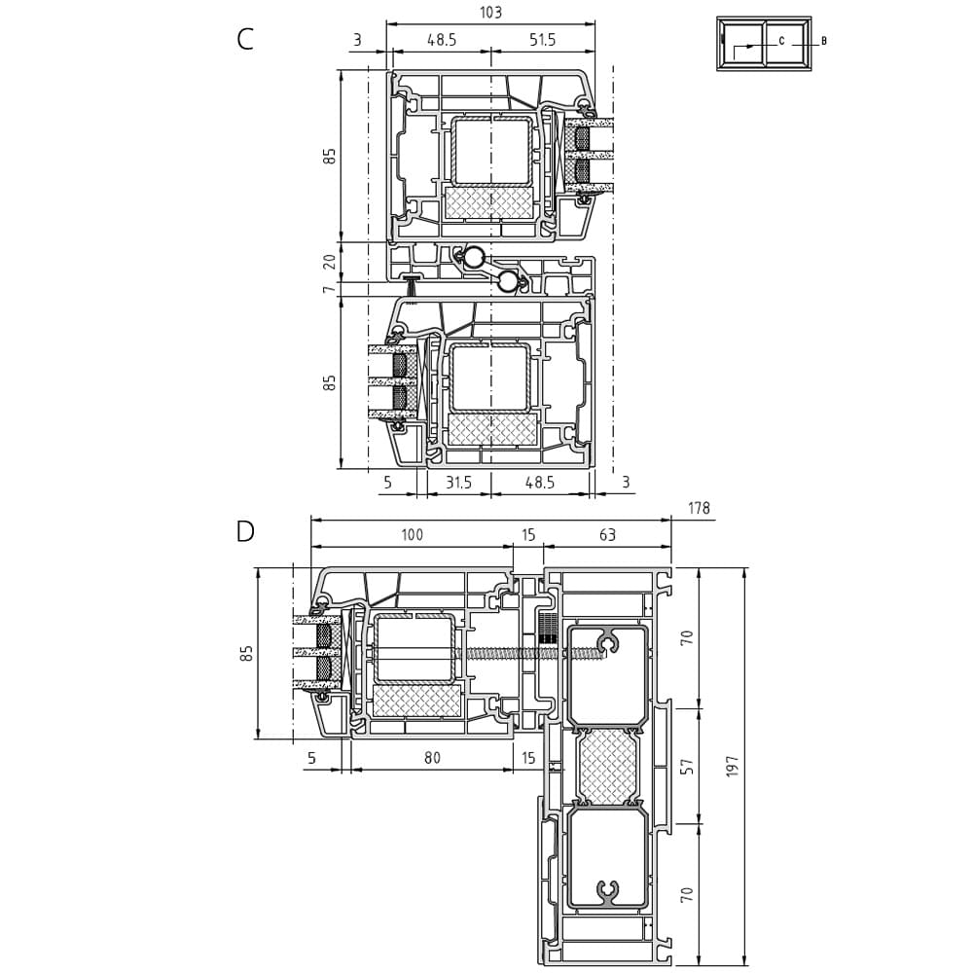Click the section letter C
pyautogui.click(x=245, y=39)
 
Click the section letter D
pyautogui.click(x=246, y=531)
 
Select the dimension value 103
pyautogui.click(x=490, y=12)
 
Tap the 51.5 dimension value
pyautogui.click(x=542, y=40)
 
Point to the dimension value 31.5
pyautogui.click(x=458, y=482)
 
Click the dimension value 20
pyautogui.click(x=331, y=261)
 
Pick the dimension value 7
pyautogui.click(x=330, y=288)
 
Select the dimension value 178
pyautogui.click(x=699, y=508)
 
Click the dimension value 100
pyautogui.click(x=412, y=534)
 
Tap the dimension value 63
pyautogui.click(x=607, y=534)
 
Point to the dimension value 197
pyautogui.click(x=733, y=767)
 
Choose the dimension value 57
pyautogui.click(x=686, y=767)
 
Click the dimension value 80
pyautogui.click(x=432, y=757)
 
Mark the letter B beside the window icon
pyautogui.click(x=824, y=41)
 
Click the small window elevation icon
pyautogui.click(x=764, y=44)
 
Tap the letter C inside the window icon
pyautogui.click(x=782, y=41)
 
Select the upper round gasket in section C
pyautogui.click(x=476, y=256)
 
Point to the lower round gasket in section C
pyautogui.click(x=508, y=282)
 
